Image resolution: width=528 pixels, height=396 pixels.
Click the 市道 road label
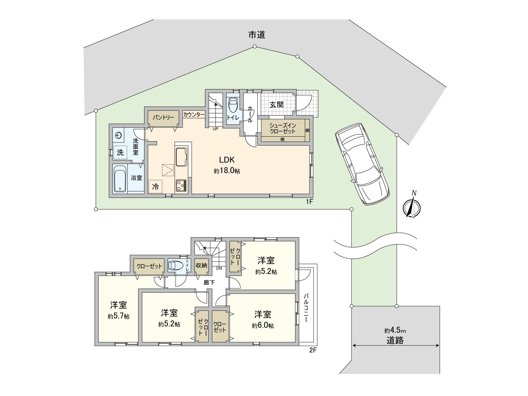click(257, 35)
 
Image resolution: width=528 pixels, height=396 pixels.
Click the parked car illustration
click(362, 164)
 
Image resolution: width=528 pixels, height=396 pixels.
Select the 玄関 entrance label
click(277, 105)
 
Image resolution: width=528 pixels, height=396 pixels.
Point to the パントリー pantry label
click(163, 117)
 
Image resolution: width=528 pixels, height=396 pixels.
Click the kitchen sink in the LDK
click(181, 157)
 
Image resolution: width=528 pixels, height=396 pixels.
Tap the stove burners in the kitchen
click(181, 185)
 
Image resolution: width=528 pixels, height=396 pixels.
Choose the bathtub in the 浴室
click(120, 179)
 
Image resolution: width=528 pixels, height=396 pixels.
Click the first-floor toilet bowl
click(233, 105)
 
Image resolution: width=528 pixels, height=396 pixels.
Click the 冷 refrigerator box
click(155, 186)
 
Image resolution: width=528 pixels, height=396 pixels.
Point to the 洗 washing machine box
click(120, 152)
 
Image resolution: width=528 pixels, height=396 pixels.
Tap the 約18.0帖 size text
click(227, 171)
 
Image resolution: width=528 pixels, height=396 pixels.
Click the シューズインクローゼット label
click(282, 128)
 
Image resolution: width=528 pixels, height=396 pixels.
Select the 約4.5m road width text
click(395, 331)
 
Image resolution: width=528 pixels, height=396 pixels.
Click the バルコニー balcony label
click(306, 308)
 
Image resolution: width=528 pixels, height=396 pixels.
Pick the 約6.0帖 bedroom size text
click(263, 326)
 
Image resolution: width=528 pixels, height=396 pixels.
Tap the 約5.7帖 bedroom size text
click(118, 316)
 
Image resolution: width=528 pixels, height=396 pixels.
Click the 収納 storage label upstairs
click(201, 265)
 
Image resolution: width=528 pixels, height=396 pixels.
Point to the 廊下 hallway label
click(209, 282)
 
